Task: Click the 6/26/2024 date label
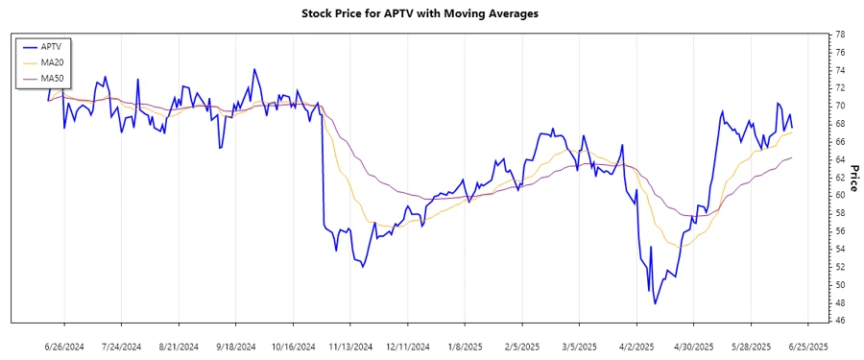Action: pos(64,346)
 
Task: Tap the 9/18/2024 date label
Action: pos(235,346)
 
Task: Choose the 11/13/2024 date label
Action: pos(350,346)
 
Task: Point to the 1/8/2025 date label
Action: pos(465,346)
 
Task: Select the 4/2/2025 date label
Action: pos(636,346)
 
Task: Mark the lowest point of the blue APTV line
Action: pos(656,304)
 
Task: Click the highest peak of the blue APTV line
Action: pos(253,69)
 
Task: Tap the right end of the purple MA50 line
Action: pos(792,157)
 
